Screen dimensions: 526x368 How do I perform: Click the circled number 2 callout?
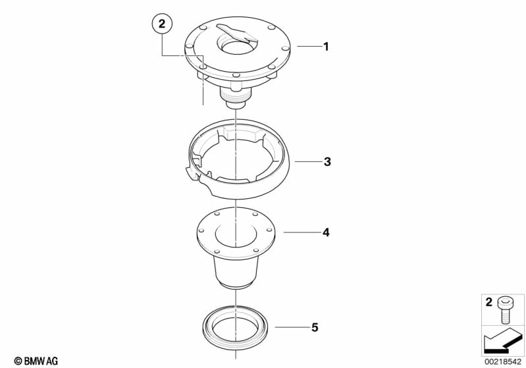[162, 24]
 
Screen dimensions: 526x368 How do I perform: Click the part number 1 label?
[326, 46]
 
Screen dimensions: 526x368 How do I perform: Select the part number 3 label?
[327, 162]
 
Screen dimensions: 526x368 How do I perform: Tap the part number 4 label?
[326, 232]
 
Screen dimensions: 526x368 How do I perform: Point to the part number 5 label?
[314, 327]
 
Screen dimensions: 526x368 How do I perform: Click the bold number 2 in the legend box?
[488, 302]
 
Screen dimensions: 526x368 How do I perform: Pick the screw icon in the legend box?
[505, 310]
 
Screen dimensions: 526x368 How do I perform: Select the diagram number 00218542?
[502, 361]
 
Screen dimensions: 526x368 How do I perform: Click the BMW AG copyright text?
[36, 361]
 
